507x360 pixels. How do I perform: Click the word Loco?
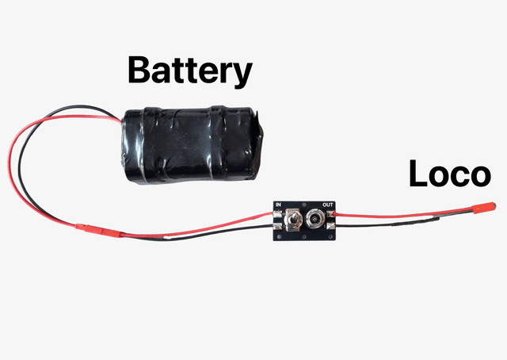coord(449,174)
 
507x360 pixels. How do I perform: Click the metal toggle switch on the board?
coord(294,220)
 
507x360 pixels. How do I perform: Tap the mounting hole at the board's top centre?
coord(305,205)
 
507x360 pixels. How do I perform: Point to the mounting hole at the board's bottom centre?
coord(305,236)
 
